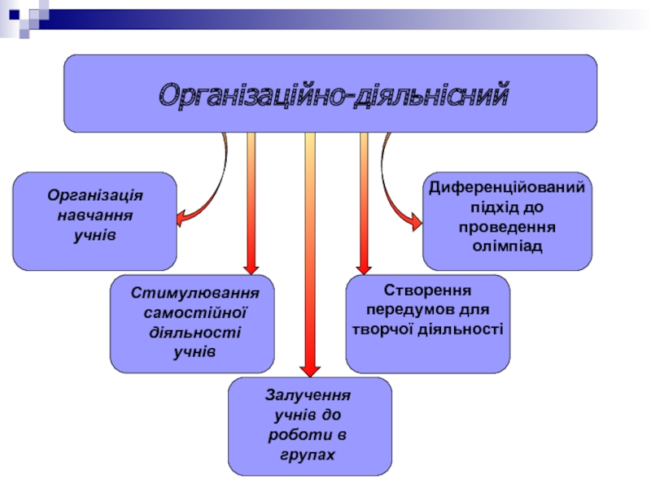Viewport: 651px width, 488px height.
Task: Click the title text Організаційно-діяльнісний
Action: pyautogui.click(x=334, y=96)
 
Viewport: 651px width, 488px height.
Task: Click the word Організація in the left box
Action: pyautogui.click(x=95, y=196)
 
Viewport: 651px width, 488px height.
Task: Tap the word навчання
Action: pyautogui.click(x=95, y=216)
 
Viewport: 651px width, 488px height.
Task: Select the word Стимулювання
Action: pyautogui.click(x=194, y=293)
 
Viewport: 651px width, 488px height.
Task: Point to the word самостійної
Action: pyautogui.click(x=195, y=312)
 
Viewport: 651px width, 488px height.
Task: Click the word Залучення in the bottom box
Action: pyautogui.click(x=308, y=395)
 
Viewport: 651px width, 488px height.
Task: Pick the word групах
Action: pyautogui.click(x=308, y=455)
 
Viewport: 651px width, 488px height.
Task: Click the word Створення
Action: pyautogui.click(x=428, y=290)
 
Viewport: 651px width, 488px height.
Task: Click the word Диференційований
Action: pyautogui.click(x=507, y=188)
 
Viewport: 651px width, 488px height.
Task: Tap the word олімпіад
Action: pyautogui.click(x=507, y=246)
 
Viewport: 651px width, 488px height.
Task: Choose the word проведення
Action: pyautogui.click(x=507, y=228)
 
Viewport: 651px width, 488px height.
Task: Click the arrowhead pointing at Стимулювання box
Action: pyautogui.click(x=251, y=268)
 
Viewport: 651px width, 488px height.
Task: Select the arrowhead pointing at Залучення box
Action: pyautogui.click(x=310, y=370)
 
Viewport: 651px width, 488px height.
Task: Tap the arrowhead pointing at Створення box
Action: pyautogui.click(x=364, y=268)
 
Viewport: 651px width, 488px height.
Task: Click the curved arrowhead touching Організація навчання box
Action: pyautogui.click(x=181, y=218)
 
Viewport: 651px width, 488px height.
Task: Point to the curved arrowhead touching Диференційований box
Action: pyautogui.click(x=416, y=221)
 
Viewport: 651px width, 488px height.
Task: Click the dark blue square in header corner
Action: pyautogui.click(x=15, y=15)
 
